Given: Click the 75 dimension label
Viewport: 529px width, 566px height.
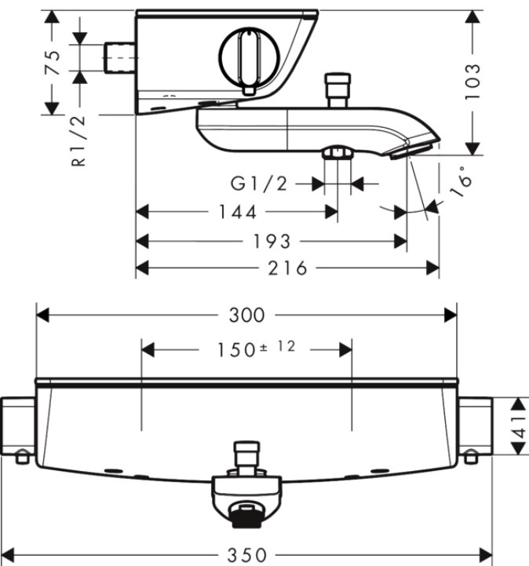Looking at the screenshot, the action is (53, 63).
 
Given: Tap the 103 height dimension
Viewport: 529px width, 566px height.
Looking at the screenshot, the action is (472, 82).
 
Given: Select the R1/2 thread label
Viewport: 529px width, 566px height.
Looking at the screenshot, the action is (79, 141).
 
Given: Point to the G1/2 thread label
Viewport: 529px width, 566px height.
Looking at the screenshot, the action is (259, 184).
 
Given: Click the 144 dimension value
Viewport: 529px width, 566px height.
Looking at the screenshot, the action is (238, 212).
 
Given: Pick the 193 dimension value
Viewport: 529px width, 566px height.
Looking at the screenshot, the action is (272, 241).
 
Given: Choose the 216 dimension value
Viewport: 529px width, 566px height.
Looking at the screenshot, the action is (287, 268).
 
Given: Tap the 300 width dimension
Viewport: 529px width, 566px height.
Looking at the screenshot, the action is (246, 315).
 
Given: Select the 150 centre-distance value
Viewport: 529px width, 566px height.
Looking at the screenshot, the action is (236, 350).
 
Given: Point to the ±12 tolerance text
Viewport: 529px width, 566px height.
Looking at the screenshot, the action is (278, 347).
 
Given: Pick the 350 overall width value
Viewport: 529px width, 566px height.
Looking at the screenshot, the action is (247, 554).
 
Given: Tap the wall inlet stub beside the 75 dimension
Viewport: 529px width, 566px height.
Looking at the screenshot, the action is (120, 57).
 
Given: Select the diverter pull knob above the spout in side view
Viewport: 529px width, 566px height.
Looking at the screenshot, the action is (337, 90).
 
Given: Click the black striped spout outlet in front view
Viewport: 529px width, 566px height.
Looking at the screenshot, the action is (246, 517).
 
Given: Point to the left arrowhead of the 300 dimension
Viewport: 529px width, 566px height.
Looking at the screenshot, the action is (43, 315).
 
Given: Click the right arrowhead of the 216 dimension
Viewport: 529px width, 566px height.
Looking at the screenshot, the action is (432, 268).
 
